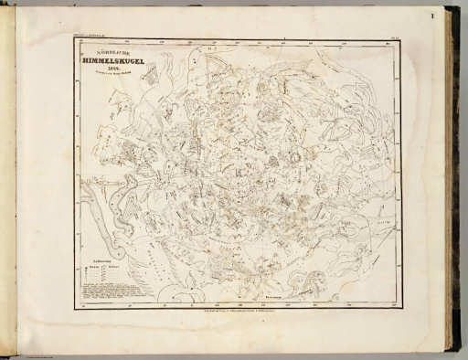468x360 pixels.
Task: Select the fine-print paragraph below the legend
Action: [x=113, y=292]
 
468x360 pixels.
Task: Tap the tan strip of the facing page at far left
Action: [x=7, y=183]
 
